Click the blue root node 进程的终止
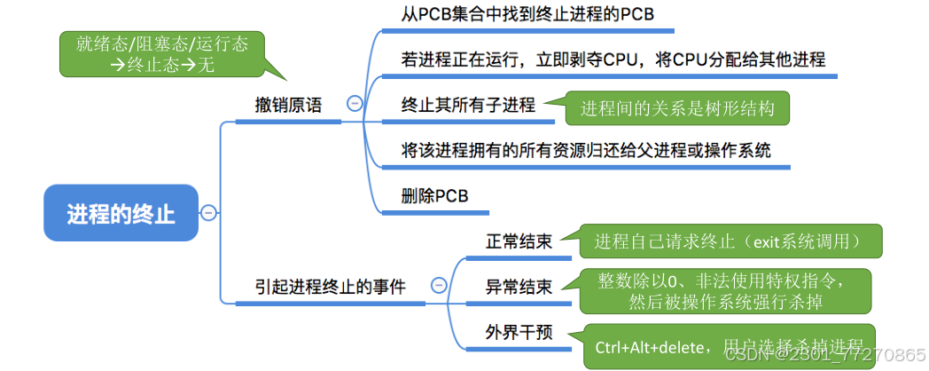pos(121,213)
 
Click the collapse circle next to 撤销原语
pos(355,103)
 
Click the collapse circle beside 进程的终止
pos(208,212)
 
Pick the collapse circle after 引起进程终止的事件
pos(439,285)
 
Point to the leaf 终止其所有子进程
pos(468,105)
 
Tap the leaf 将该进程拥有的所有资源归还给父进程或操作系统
pos(586,150)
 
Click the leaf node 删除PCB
pos(434,195)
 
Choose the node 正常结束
pos(519,241)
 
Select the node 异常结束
pos(519,287)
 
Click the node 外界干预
pos(519,332)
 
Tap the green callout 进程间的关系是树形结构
pos(677,108)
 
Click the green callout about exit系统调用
pos(726,241)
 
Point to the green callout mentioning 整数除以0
pos(726,290)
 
